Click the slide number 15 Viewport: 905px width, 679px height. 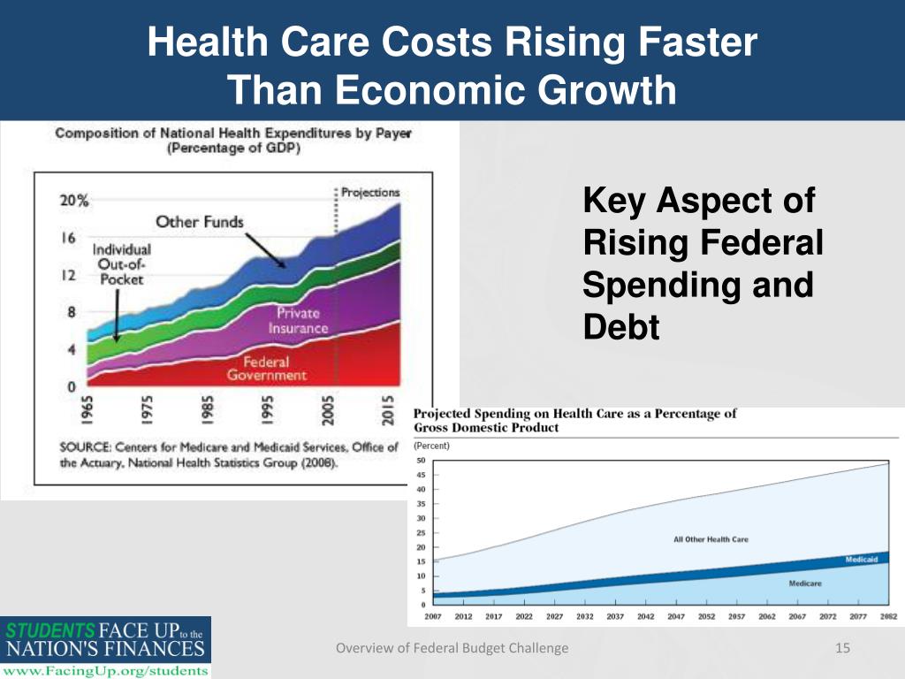point(842,649)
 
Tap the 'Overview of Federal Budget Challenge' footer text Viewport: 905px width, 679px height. point(452,649)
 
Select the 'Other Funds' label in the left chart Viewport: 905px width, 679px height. point(199,222)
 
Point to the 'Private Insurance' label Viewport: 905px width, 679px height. point(298,320)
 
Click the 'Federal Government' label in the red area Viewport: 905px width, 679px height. point(266,368)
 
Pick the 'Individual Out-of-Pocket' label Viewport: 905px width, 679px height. point(122,263)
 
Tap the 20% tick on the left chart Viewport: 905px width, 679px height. point(75,201)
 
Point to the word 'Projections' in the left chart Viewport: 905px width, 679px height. point(370,192)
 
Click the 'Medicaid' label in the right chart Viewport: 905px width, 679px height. point(861,560)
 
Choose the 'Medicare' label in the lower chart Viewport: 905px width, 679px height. point(805,584)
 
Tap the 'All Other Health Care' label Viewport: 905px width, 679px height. point(711,539)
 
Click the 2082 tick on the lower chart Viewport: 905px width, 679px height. point(889,616)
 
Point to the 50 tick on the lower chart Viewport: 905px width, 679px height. point(421,461)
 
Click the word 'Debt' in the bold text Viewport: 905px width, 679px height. point(621,328)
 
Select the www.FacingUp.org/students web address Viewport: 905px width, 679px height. point(105,670)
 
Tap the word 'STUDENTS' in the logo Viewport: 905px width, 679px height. point(50,631)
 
